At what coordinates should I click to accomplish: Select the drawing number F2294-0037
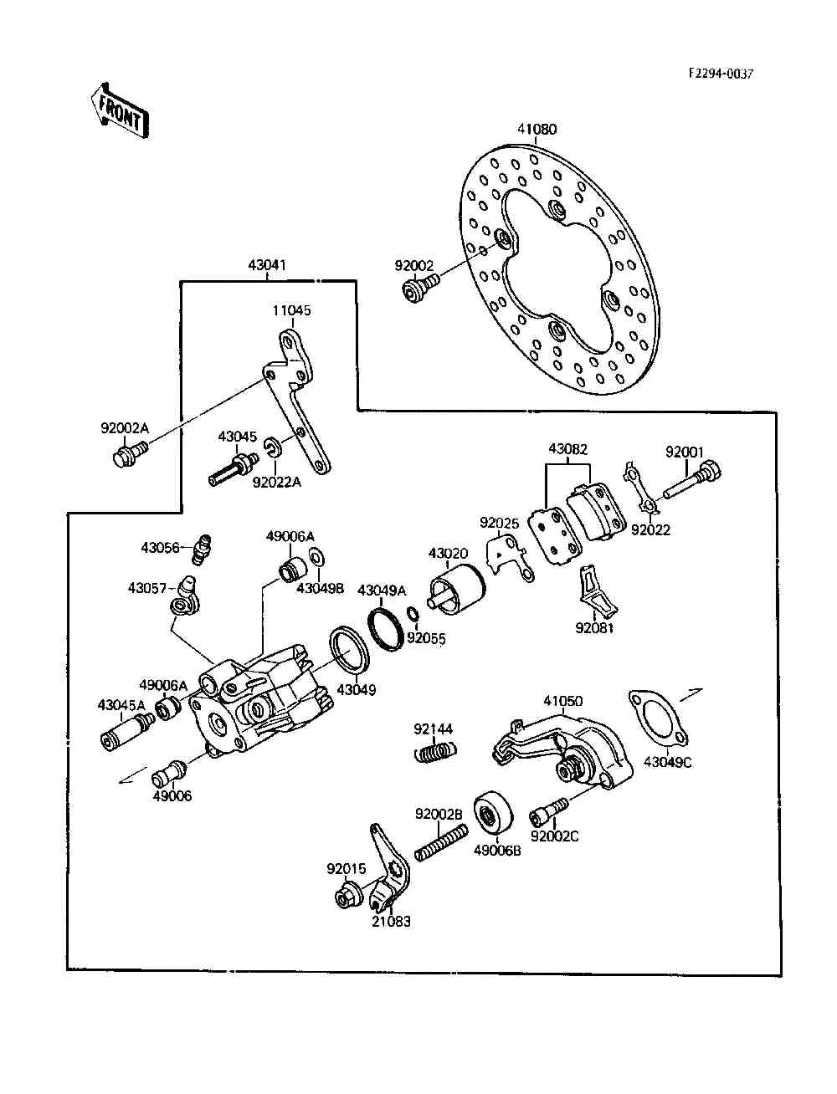pos(721,74)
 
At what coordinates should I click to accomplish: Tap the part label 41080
pos(537,130)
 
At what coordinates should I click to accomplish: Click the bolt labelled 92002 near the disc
pos(415,291)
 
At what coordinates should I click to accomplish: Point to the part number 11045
pos(291,310)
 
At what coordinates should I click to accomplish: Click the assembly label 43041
pos(267,265)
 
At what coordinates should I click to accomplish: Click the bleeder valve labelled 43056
pos(202,546)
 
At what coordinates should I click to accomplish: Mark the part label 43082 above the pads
pos(568,449)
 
